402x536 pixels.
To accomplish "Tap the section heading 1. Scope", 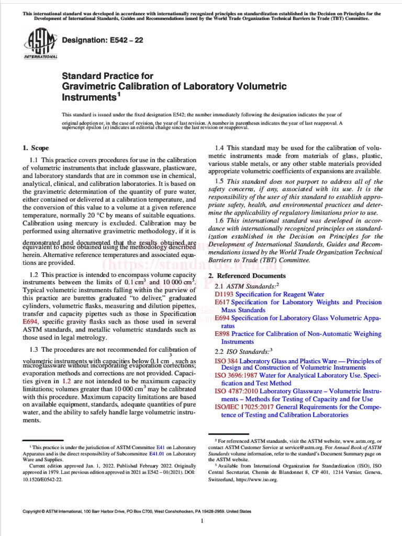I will [x=36, y=148].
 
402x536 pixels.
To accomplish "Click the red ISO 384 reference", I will [x=227, y=361].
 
